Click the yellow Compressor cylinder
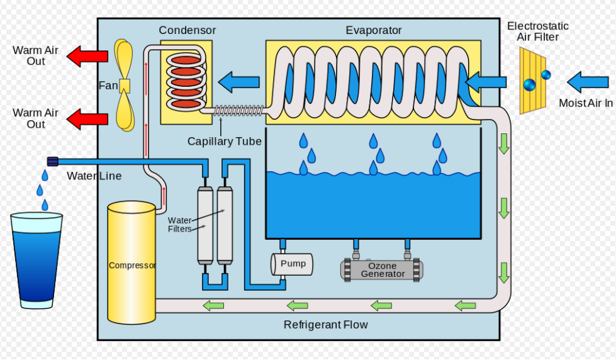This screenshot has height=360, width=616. coord(131,264)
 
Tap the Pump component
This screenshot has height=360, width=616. coord(291,264)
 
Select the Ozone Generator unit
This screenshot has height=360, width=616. coord(382,269)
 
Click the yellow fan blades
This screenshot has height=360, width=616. coord(124,86)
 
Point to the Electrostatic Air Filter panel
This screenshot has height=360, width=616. coord(532,81)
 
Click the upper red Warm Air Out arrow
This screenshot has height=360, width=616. coord(87,55)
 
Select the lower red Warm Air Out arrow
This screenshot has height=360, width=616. coord(87,118)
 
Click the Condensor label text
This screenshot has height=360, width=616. coord(187,30)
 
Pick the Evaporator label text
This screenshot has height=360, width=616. coord(373,30)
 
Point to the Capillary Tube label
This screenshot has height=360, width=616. coord(224,142)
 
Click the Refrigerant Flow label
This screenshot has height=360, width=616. coord(325,325)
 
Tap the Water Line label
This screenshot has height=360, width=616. coord(94,176)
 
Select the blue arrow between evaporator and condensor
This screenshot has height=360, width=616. coord(239,81)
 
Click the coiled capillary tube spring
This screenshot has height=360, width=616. coord(238,111)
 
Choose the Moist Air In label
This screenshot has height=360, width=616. coord(585,103)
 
